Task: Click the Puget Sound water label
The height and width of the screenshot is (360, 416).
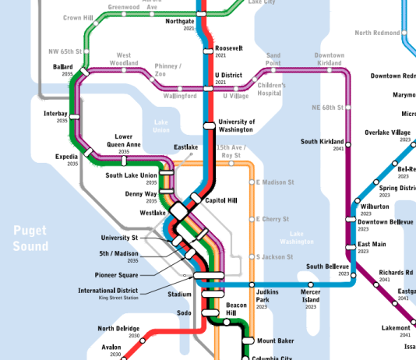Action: (x=30, y=238)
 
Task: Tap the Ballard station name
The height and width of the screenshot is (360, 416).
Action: (x=63, y=67)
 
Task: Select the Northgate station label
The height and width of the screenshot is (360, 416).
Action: (x=181, y=22)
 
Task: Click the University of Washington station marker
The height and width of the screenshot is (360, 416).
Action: (x=209, y=125)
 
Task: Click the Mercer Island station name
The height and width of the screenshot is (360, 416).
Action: (x=311, y=296)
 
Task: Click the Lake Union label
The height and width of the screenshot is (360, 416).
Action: (x=161, y=126)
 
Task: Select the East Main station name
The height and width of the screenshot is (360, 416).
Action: (x=372, y=245)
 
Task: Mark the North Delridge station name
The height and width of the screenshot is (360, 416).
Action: (x=118, y=328)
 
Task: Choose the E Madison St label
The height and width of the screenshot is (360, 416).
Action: (x=276, y=182)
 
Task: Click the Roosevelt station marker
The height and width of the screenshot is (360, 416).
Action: (x=208, y=51)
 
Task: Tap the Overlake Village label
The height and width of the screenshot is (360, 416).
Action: (x=388, y=133)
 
